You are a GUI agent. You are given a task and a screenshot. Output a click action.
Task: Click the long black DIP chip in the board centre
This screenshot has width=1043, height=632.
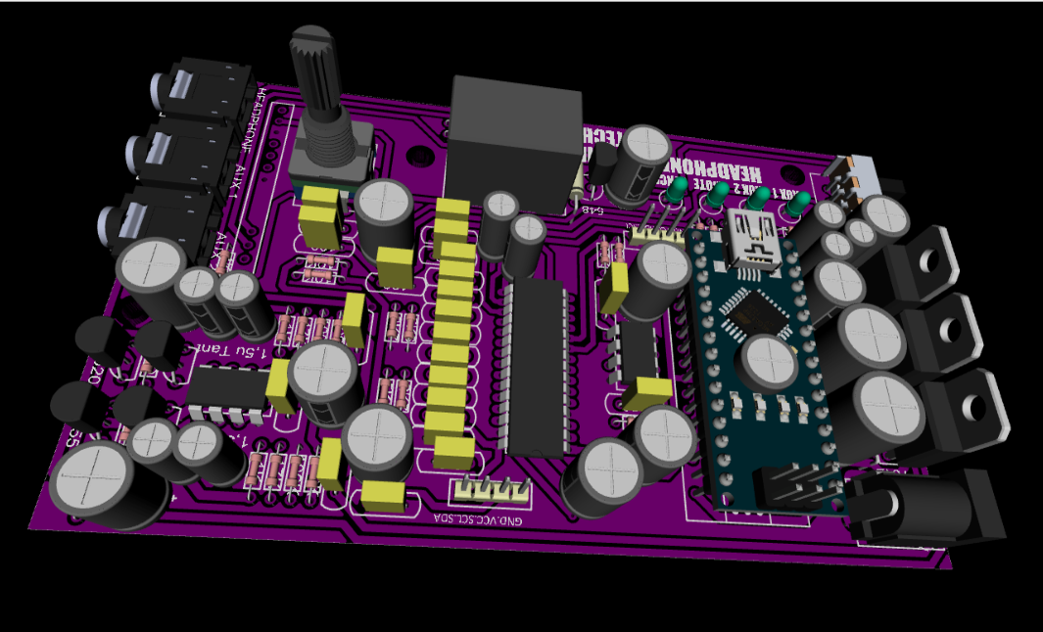pos(534,363)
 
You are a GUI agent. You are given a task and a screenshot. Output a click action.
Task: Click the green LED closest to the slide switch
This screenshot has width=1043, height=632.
pos(800,204)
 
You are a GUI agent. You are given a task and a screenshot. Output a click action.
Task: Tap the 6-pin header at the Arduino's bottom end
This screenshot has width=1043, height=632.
pos(798,485)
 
